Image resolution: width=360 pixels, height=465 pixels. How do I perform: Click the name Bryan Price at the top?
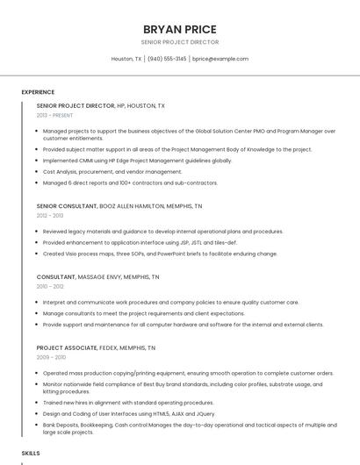tap(180, 28)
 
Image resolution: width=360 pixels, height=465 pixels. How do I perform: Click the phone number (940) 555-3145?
tap(167, 59)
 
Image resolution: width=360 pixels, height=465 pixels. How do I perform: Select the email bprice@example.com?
tap(220, 59)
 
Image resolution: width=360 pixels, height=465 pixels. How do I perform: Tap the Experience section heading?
tap(38, 91)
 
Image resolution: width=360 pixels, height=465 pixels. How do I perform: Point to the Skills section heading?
tap(31, 453)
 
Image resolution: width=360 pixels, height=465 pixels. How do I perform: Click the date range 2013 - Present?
tap(54, 115)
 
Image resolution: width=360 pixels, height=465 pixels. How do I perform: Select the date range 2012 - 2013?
tap(50, 215)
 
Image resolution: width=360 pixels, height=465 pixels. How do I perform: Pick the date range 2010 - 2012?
tap(50, 286)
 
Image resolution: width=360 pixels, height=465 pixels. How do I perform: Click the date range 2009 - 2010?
tap(51, 357)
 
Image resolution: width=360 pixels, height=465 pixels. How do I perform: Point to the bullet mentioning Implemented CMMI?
tap(137, 161)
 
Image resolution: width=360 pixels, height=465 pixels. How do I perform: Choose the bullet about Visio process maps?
tap(160, 254)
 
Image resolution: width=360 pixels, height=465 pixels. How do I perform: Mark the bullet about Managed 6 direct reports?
tap(130, 182)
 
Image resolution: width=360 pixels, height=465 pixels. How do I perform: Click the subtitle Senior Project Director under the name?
tap(180, 42)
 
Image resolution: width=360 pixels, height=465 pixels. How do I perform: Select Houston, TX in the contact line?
tap(126, 59)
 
